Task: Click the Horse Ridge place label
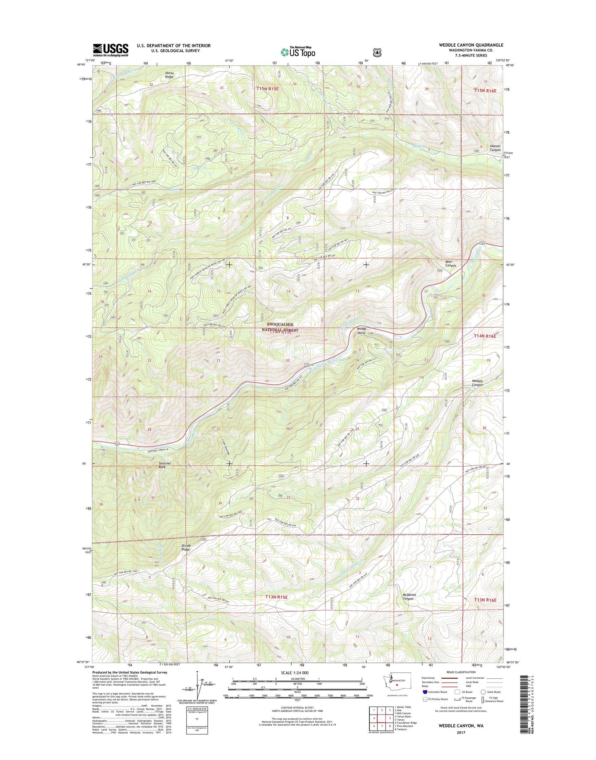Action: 170,75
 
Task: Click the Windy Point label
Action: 361,330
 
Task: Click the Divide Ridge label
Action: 186,548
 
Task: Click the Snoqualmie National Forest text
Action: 280,327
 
